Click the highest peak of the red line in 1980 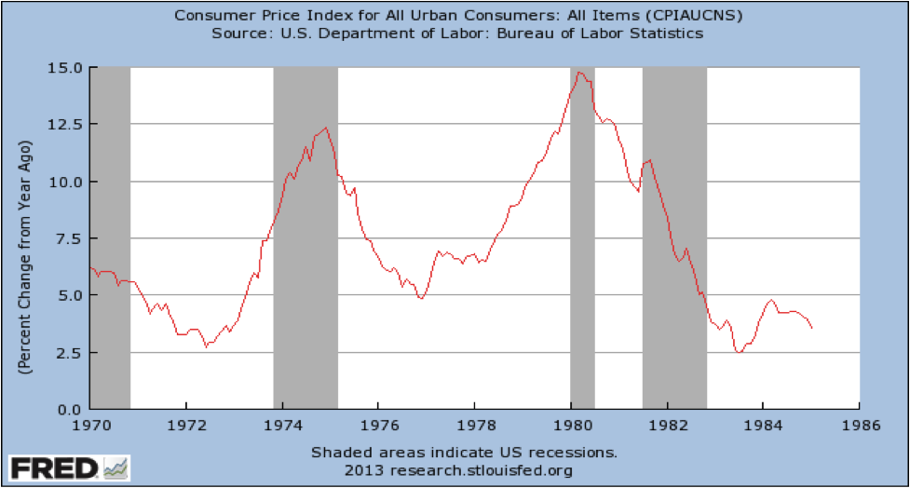(579, 72)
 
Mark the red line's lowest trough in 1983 (738, 352)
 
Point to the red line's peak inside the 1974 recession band (325, 128)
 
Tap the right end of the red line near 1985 (812, 328)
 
